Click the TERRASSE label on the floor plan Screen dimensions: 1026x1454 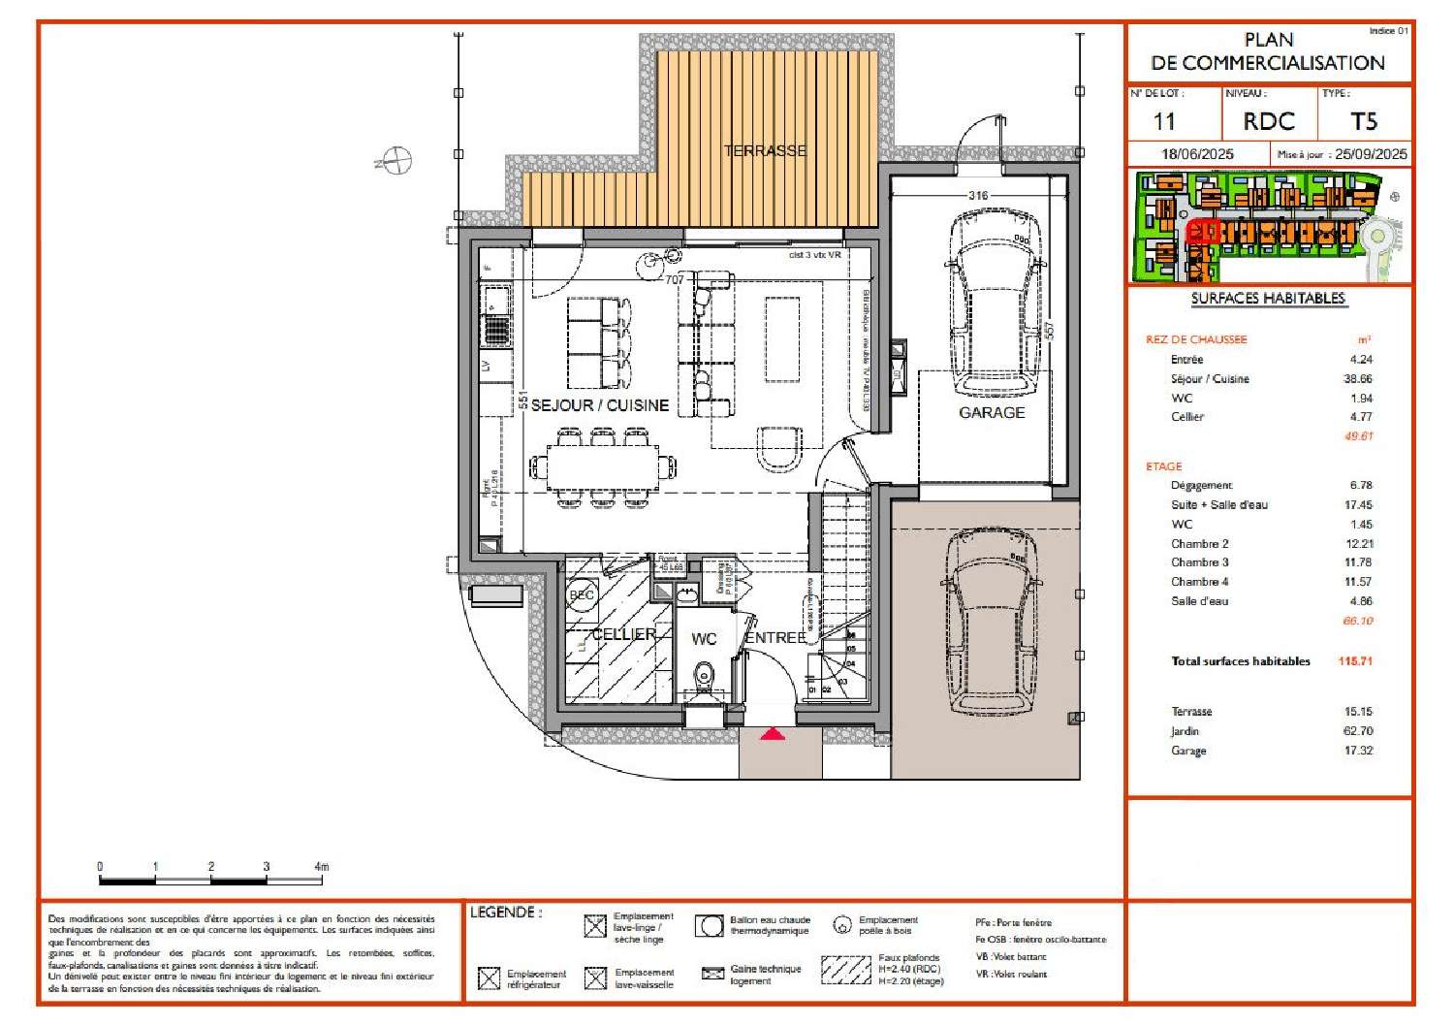(x=765, y=150)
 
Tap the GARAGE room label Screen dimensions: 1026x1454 (x=991, y=412)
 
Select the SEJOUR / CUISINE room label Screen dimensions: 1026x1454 (x=599, y=405)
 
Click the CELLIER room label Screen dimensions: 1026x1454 (x=623, y=634)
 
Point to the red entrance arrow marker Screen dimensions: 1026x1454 (x=772, y=734)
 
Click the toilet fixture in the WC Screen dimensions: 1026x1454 (x=704, y=672)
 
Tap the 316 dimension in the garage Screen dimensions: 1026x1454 (x=978, y=196)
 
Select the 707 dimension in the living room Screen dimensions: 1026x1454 (x=674, y=279)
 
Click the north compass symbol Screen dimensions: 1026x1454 (x=396, y=160)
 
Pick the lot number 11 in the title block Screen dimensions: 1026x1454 (x=1164, y=121)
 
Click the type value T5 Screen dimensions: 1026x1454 (x=1363, y=121)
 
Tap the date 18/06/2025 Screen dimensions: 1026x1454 (x=1197, y=154)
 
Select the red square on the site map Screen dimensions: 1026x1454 (x=1201, y=231)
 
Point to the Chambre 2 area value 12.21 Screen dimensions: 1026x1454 (x=1358, y=544)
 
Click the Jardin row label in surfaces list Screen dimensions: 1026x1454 (x=1185, y=731)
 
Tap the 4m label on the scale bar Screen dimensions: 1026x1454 (x=321, y=866)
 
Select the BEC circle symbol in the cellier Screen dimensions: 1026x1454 (x=582, y=595)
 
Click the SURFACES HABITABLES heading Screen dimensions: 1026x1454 (x=1267, y=299)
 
